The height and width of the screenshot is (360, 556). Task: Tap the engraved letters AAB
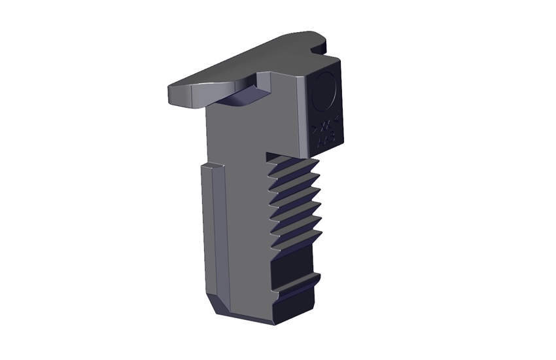[x=325, y=138]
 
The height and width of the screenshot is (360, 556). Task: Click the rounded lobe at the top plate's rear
[x=321, y=43]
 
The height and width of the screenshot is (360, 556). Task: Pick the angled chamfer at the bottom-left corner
[x=220, y=305]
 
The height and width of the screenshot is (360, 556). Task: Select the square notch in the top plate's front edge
[x=267, y=81]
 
